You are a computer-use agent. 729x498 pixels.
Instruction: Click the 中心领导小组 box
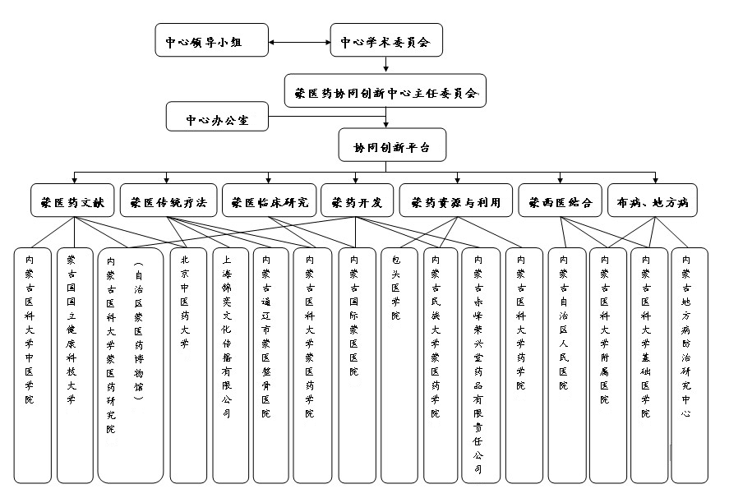click(x=212, y=40)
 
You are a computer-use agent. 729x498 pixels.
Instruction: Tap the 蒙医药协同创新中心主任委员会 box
click(x=386, y=92)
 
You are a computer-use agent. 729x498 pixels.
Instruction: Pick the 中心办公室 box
click(x=218, y=118)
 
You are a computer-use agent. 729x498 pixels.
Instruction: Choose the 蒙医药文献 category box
click(x=72, y=201)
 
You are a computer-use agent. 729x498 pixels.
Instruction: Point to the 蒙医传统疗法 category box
click(x=169, y=201)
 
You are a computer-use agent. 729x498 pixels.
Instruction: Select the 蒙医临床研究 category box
click(x=270, y=201)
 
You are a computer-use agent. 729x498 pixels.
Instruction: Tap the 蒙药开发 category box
click(x=356, y=201)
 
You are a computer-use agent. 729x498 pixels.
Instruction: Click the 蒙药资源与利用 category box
click(x=455, y=201)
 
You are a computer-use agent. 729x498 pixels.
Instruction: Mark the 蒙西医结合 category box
click(x=561, y=201)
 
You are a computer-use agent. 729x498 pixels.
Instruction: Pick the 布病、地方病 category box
click(x=653, y=201)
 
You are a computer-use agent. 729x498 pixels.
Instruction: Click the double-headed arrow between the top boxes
click(x=299, y=40)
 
